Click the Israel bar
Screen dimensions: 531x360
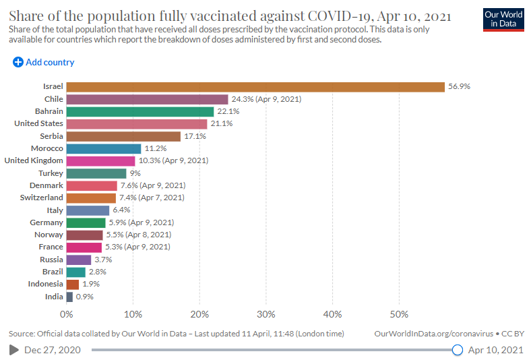(255, 87)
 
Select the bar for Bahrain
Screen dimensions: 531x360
(140, 112)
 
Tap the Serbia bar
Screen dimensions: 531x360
(123, 136)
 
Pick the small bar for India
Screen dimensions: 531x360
(70, 297)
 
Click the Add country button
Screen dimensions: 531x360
(43, 62)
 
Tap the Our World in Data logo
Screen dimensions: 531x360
(503, 20)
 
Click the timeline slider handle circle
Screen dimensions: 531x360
(457, 350)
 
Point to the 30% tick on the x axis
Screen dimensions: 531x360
(266, 315)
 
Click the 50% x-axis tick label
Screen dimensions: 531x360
(399, 315)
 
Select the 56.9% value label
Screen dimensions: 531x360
(459, 87)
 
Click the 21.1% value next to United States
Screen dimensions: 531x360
(222, 123)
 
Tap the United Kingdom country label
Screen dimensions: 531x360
(34, 160)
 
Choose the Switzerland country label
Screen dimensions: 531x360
(41, 198)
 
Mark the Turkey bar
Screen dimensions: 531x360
(96, 173)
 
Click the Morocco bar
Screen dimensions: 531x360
(104, 149)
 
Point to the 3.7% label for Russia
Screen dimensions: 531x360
(103, 260)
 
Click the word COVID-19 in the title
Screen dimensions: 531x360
(340, 16)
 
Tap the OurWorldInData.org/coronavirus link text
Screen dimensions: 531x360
(433, 334)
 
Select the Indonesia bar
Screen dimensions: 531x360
(73, 284)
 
